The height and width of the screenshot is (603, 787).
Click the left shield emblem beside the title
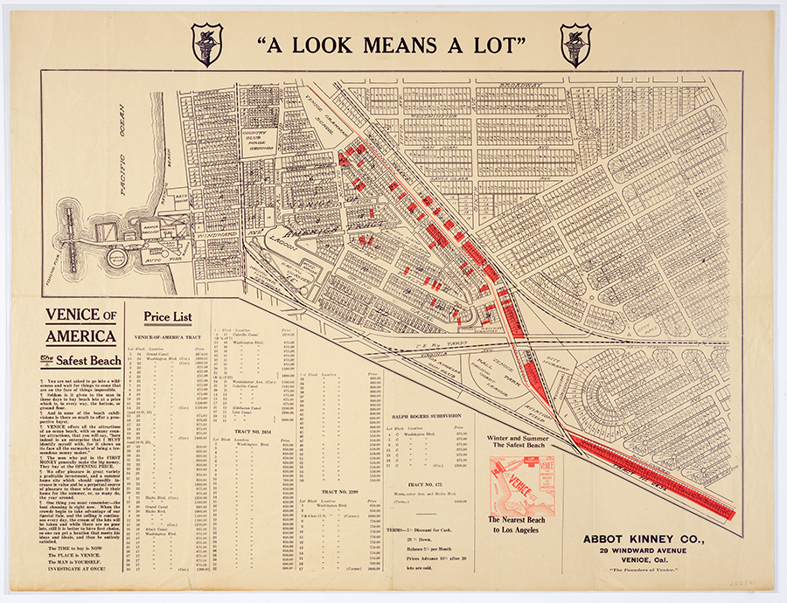207,45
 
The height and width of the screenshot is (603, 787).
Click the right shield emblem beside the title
575,45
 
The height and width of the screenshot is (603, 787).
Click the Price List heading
169,317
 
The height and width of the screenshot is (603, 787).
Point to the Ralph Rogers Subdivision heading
432,417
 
